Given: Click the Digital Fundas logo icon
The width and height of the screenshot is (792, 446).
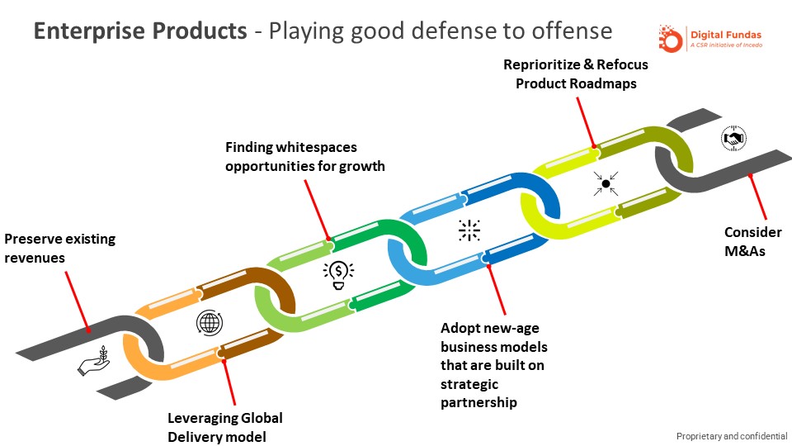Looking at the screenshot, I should pyautogui.click(x=671, y=38).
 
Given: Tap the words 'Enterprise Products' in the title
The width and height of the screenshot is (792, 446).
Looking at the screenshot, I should pyautogui.click(x=139, y=31).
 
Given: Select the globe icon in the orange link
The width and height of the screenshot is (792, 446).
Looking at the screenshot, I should pyautogui.click(x=209, y=322).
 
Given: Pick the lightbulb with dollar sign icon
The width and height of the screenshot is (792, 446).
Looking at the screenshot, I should pyautogui.click(x=339, y=273).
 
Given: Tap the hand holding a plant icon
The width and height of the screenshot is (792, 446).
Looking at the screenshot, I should pyautogui.click(x=94, y=362).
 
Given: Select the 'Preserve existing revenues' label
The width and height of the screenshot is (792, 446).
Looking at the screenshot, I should pyautogui.click(x=59, y=248).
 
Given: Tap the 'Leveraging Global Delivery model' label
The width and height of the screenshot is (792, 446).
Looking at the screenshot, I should pyautogui.click(x=225, y=427).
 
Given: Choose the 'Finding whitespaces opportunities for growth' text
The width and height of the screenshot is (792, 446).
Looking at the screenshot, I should pyautogui.click(x=305, y=156).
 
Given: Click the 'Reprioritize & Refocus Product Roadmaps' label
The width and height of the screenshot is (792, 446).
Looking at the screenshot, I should pyautogui.click(x=576, y=74).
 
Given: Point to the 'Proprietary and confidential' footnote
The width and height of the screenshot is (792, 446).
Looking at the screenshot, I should pyautogui.click(x=731, y=435).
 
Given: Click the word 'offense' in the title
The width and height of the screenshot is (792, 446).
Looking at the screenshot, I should pyautogui.click(x=570, y=31).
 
